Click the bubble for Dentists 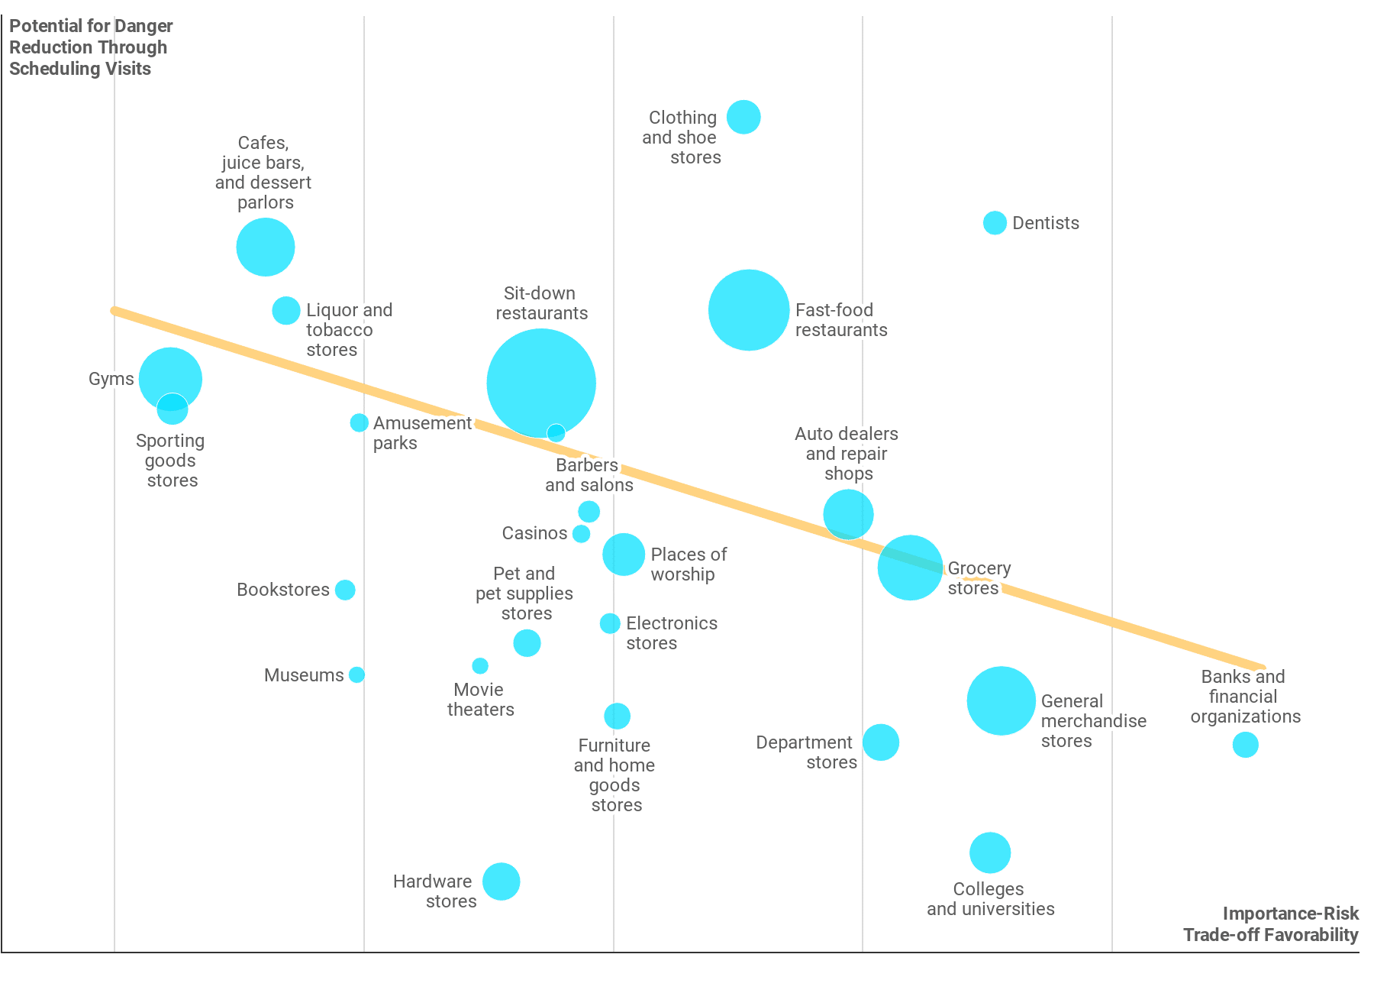tap(995, 223)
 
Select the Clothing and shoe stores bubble tap(743, 117)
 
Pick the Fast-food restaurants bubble tap(749, 310)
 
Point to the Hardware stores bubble tap(501, 881)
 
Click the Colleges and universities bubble tap(990, 852)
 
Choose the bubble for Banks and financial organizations tap(1245, 744)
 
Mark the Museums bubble tap(356, 674)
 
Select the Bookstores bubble tap(345, 590)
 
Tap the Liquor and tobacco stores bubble tap(286, 311)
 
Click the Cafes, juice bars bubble tap(266, 247)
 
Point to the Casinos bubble tap(581, 533)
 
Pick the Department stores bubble tap(881, 742)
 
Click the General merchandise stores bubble tap(1001, 701)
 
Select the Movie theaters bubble tap(480, 665)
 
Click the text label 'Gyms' tap(111, 379)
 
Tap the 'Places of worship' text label tap(689, 564)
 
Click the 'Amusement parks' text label tap(422, 433)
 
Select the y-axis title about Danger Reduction tap(91, 47)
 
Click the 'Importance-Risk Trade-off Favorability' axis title tap(1271, 924)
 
